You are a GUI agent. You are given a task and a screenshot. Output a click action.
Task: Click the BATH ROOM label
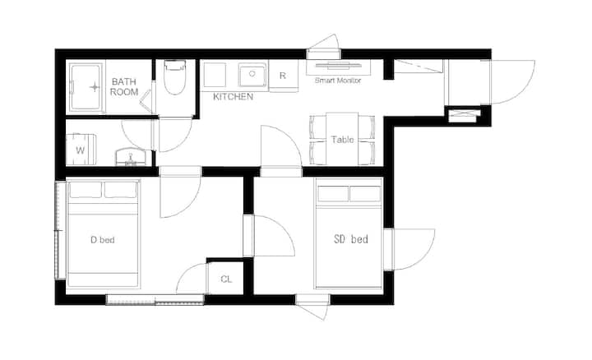124,87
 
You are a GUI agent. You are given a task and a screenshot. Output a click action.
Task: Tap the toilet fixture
175,77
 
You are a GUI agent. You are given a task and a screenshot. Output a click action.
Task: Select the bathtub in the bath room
86,87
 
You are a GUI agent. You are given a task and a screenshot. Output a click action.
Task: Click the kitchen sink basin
252,74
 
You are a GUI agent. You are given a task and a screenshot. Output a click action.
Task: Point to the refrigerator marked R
283,76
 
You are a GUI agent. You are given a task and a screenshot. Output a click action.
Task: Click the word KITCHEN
233,97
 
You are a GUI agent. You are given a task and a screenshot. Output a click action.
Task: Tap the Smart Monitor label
338,81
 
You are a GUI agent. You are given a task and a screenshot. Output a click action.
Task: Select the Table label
342,140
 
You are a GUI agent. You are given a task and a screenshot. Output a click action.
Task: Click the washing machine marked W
81,150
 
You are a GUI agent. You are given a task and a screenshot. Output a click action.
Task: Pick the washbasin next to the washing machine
131,157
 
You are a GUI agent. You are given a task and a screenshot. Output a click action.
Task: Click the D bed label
102,240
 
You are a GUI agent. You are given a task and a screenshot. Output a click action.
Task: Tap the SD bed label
351,239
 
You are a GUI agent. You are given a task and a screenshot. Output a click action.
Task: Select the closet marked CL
226,279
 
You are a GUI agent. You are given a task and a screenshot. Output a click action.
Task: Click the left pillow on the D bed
86,190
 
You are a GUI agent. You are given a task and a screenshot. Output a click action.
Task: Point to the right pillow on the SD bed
365,194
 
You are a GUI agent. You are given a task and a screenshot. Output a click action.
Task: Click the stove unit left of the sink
215,75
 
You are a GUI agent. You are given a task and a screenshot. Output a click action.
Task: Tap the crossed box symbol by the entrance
464,115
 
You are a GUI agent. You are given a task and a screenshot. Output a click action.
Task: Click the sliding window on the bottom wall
155,300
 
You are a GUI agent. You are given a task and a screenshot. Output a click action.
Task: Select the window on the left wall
60,231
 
